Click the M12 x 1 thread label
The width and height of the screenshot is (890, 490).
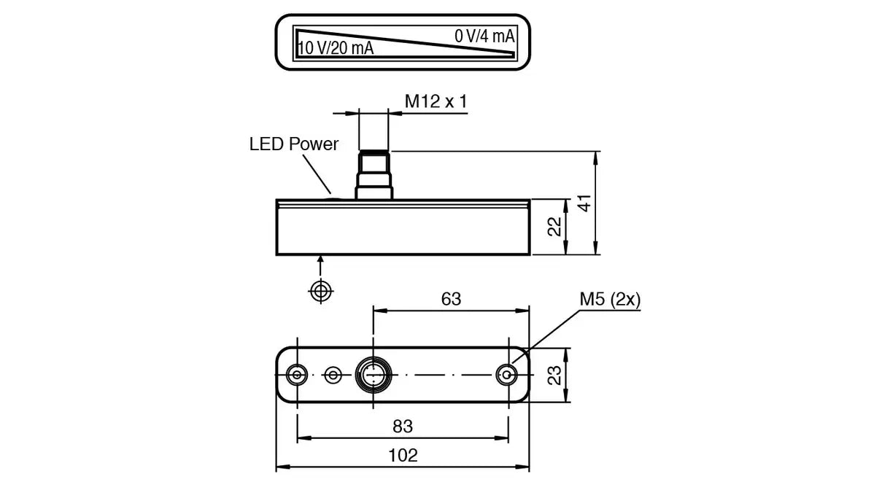(436, 101)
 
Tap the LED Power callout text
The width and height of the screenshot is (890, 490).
(293, 144)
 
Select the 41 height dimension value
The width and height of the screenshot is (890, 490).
(585, 203)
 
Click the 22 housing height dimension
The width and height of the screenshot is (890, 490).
(554, 227)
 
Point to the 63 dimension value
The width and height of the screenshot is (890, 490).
(451, 299)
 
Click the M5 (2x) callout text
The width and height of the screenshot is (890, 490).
(610, 299)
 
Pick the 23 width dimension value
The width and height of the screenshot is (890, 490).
(554, 376)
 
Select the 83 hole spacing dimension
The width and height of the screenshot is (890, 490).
(403, 427)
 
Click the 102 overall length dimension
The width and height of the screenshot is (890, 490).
(403, 456)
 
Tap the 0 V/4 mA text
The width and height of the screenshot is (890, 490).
(484, 36)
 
